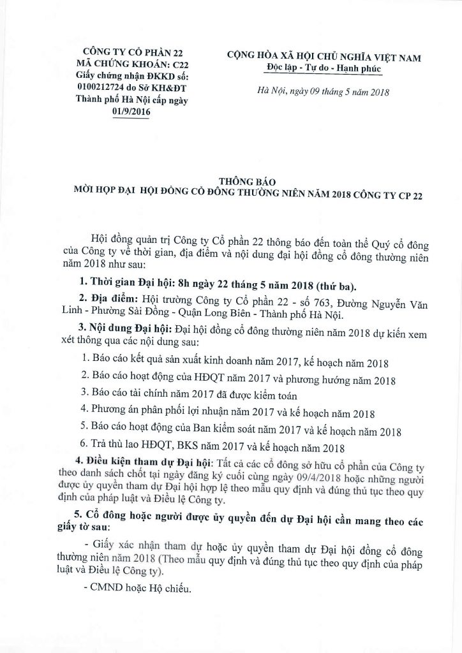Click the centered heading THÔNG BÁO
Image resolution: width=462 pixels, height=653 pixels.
pyautogui.click(x=243, y=181)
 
